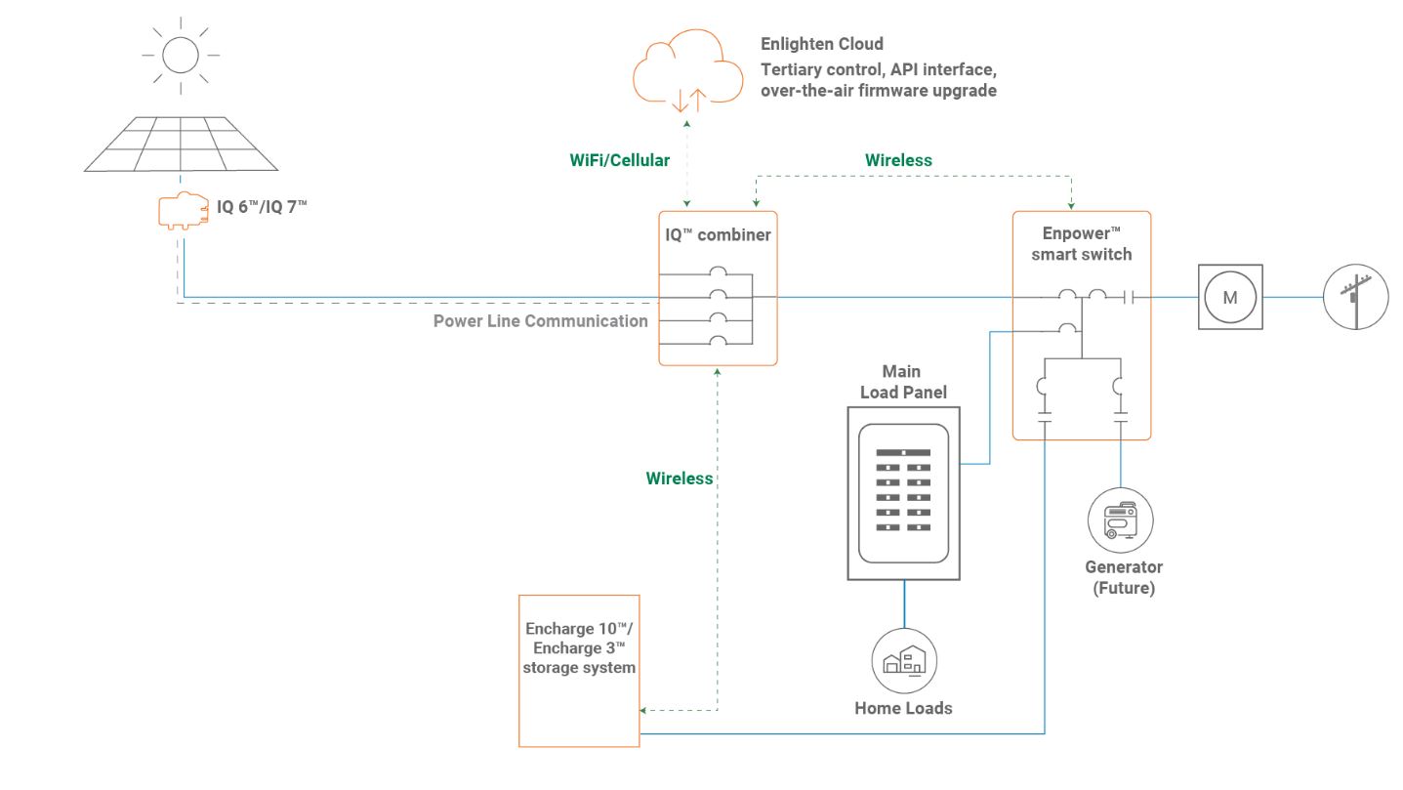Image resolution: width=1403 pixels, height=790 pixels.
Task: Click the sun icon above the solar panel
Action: [181, 54]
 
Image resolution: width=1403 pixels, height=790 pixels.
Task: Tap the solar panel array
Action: [181, 144]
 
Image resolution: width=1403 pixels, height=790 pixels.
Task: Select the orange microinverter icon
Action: [183, 211]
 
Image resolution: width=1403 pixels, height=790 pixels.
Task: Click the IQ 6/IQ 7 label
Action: [262, 206]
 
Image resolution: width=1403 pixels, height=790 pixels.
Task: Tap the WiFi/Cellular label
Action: [620, 160]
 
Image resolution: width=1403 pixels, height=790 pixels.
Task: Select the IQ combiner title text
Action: [718, 234]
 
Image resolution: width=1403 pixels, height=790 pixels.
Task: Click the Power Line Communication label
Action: [541, 321]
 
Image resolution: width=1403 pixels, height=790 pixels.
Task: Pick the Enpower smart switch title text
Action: [1082, 244]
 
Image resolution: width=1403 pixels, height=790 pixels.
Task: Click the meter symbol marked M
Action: [1230, 298]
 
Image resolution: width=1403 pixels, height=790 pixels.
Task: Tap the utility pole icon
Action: [1355, 298]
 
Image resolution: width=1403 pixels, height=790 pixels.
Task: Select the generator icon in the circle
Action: [1121, 520]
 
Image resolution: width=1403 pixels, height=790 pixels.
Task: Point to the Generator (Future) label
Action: [1124, 577]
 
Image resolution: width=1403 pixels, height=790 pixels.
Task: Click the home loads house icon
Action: [903, 661]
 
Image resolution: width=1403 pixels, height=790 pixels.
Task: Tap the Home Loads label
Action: [903, 708]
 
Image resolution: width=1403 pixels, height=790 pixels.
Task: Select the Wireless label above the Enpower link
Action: [898, 160]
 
